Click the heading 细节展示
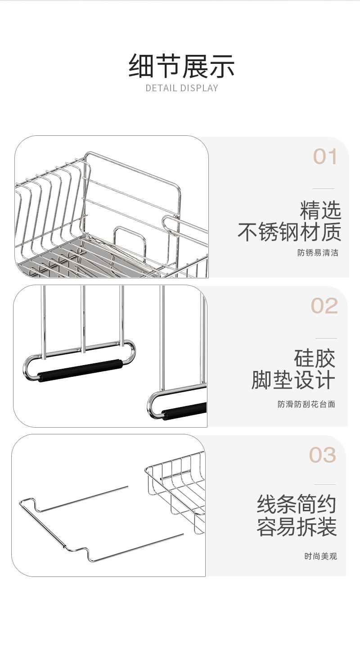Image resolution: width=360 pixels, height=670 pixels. (x=181, y=66)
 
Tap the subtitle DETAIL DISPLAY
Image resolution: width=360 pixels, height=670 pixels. (x=182, y=88)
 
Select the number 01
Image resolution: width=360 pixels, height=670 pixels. (x=325, y=156)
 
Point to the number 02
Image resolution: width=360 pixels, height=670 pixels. (x=324, y=306)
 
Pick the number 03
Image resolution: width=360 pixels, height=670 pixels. (x=323, y=455)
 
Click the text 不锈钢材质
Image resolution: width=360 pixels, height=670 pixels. (x=289, y=232)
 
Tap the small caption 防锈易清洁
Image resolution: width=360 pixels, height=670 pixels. (x=318, y=253)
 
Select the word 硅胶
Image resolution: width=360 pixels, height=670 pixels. (x=315, y=359)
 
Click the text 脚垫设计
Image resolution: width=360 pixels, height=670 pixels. (x=293, y=380)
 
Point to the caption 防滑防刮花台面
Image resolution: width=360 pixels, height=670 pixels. (x=306, y=404)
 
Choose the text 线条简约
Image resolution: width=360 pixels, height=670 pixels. (x=296, y=504)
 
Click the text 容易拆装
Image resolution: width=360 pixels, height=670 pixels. (x=297, y=527)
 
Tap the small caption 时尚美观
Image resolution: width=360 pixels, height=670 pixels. (x=320, y=556)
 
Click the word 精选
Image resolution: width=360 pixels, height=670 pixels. (x=320, y=210)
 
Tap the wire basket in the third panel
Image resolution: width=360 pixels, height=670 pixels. (x=175, y=493)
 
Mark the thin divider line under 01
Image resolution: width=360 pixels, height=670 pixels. (x=324, y=189)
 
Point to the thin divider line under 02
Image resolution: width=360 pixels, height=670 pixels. (x=326, y=338)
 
